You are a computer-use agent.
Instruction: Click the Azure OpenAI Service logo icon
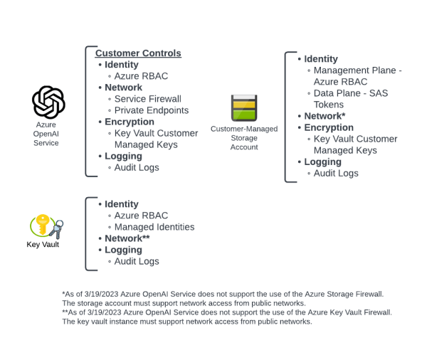48,102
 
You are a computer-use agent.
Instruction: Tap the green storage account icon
244,107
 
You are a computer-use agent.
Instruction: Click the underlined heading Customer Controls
138,53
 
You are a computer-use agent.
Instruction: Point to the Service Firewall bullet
148,99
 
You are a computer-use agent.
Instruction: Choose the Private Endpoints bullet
152,110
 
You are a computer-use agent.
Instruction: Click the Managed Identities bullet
154,227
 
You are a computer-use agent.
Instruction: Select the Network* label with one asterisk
325,116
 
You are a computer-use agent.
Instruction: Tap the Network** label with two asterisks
127,238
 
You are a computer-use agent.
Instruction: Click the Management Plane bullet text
357,70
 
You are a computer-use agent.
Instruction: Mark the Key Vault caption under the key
43,245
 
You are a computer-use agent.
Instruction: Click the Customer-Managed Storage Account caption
244,138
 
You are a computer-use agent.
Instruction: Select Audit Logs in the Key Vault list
137,261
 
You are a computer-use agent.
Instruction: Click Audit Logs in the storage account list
336,173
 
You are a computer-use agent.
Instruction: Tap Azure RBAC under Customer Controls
141,76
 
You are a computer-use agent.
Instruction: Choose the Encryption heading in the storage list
329,127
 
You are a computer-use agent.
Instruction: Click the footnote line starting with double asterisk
227,312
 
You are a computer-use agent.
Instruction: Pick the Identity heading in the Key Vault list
122,204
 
